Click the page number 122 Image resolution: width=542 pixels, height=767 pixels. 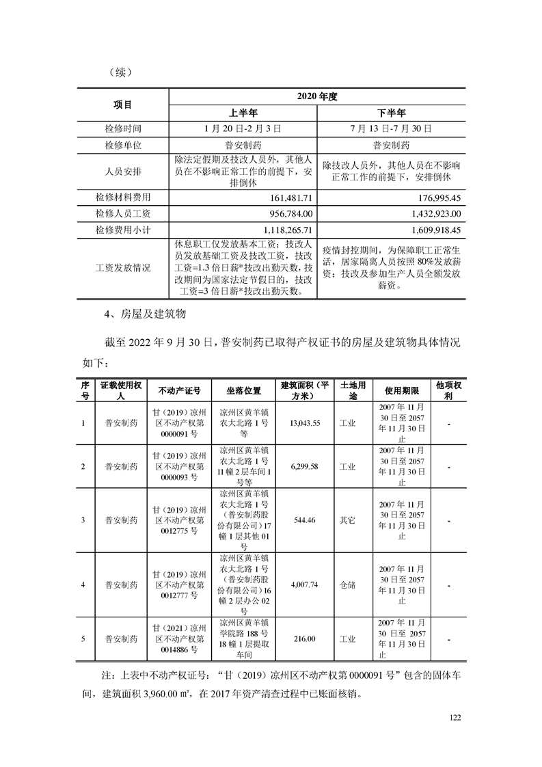pos(457,717)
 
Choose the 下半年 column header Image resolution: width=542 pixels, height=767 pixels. pos(391,113)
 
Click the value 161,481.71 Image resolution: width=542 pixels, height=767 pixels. pos(293,198)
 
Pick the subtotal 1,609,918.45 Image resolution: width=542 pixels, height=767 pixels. pos(437,230)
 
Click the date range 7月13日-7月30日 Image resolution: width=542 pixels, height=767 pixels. pos(391,129)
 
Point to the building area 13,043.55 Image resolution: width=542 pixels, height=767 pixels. pos(305,423)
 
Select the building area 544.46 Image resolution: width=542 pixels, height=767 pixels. pos(303,520)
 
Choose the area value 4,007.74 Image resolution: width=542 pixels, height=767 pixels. pos(305,584)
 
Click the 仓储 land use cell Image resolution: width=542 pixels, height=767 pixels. pos(348,584)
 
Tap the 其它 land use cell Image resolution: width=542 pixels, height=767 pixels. pos(348,520)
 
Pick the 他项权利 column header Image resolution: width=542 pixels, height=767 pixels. pos(449,391)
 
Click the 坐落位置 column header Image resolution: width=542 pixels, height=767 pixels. pos(244,391)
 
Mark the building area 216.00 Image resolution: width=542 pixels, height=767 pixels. pos(304,638)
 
